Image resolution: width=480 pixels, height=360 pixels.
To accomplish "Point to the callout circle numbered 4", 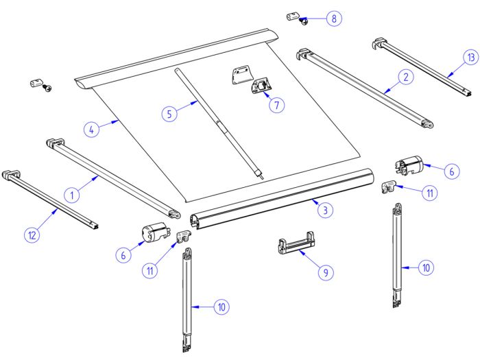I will (x=93, y=128).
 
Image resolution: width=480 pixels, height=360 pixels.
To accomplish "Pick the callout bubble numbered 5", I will (x=171, y=113).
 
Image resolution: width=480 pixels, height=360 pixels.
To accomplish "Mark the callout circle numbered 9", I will (x=325, y=272).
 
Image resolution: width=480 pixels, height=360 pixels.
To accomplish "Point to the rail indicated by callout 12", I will (x=51, y=199).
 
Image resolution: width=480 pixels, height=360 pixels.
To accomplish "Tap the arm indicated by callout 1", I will (x=113, y=175).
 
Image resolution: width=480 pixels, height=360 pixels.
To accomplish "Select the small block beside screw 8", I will (x=291, y=15).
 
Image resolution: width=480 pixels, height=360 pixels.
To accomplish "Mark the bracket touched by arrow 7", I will (x=262, y=88).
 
